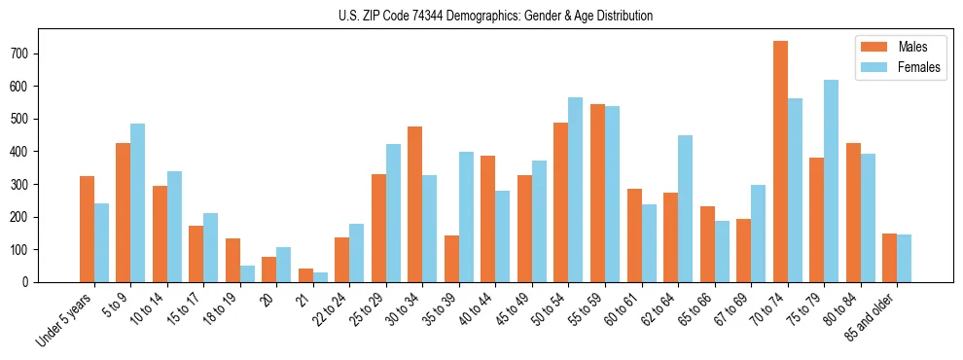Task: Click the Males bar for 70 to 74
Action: (780, 162)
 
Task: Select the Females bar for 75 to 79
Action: (831, 181)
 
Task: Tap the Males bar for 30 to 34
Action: (415, 204)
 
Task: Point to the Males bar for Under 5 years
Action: (87, 229)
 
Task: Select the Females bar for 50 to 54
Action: (576, 190)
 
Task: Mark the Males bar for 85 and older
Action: (889, 258)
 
